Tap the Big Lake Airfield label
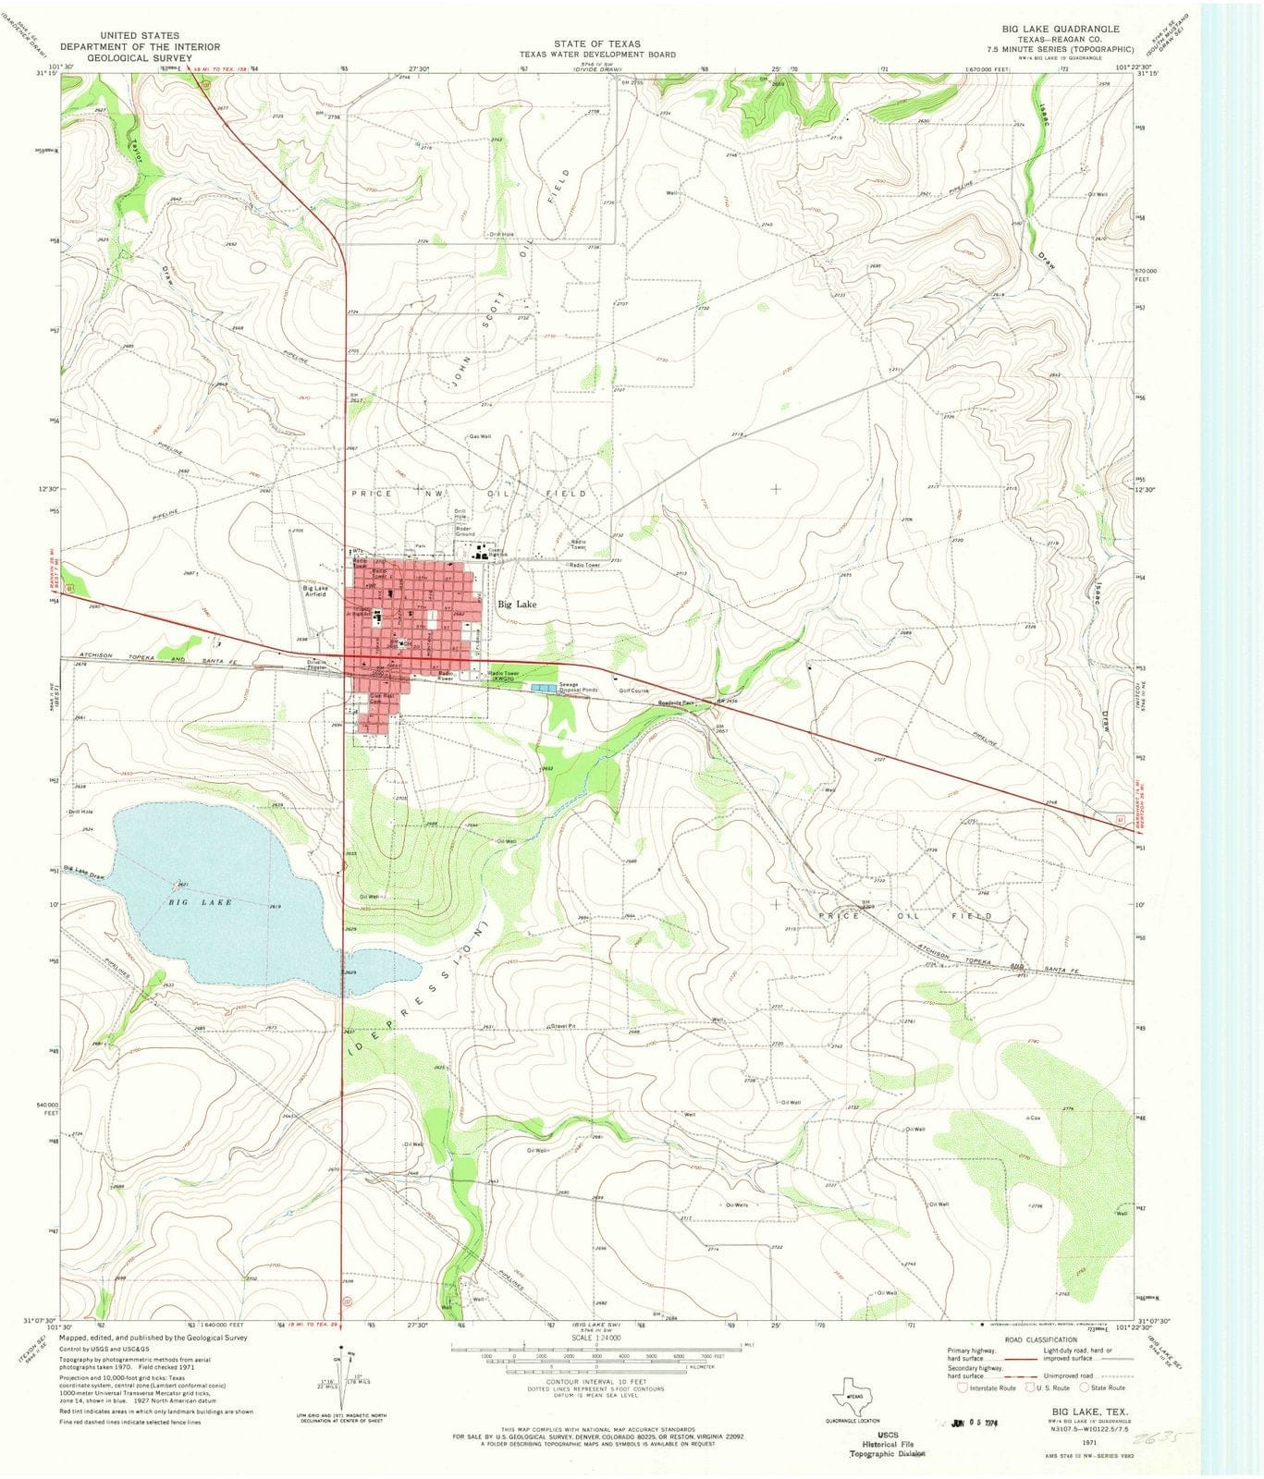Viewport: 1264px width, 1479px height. [x=314, y=591]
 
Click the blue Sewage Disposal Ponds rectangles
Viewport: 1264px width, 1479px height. [x=544, y=689]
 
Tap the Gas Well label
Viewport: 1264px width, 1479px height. [x=479, y=436]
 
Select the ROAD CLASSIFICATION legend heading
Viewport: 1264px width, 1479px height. [x=1033, y=1339]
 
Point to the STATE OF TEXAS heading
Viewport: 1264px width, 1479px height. [x=596, y=43]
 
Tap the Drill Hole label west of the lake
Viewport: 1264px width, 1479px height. [x=80, y=812]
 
